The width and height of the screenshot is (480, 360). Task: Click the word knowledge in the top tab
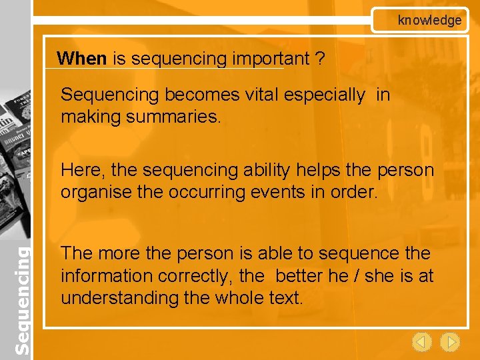point(429,20)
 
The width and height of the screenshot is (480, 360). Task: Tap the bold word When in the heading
point(81,59)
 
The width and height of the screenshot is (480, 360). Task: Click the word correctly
point(195,275)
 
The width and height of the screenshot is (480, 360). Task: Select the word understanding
point(119,297)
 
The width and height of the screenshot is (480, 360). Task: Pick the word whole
point(241,297)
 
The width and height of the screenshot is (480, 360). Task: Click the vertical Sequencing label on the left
point(22,300)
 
